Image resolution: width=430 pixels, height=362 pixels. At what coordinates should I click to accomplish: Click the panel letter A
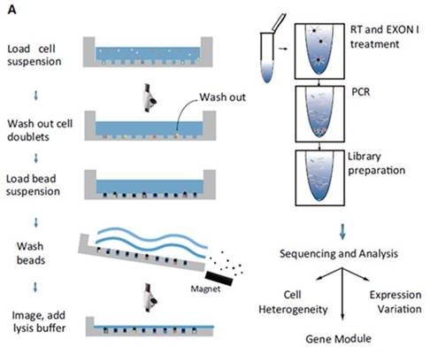coord(12,10)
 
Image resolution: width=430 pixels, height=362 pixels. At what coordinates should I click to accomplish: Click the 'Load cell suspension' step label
coord(35,55)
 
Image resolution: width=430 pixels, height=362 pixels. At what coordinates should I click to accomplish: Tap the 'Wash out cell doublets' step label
coord(40,130)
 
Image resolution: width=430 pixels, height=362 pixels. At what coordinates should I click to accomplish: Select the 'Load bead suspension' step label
coord(33,185)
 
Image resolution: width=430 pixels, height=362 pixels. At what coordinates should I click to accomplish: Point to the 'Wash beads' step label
coord(31,253)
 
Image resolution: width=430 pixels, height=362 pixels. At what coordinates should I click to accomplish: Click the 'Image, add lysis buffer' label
coord(39,321)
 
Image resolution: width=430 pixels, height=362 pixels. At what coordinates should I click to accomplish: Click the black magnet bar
coord(219,278)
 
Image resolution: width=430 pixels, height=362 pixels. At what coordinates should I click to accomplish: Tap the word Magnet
coord(205,289)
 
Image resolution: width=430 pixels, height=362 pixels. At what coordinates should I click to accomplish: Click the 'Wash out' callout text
coord(222,97)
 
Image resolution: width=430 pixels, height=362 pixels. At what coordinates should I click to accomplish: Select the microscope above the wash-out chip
coord(150,98)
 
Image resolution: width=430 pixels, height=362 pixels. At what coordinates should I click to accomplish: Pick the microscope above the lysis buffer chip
coord(150,297)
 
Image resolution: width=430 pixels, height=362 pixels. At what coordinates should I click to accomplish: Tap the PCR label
coord(361,92)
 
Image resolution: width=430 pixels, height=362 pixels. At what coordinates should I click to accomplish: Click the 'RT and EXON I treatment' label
coord(384,37)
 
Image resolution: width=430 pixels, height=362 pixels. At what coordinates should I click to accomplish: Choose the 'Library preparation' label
coord(377,164)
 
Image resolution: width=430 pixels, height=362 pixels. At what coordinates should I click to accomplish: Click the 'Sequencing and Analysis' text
coord(339,254)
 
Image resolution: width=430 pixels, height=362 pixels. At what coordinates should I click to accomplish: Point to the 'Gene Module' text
coord(338,339)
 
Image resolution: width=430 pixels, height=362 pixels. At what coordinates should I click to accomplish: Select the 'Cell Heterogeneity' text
coord(293,302)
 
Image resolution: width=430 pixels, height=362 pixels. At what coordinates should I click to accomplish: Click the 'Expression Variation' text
coord(395,302)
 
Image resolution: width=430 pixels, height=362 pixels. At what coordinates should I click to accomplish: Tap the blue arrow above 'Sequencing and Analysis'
coord(342,232)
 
